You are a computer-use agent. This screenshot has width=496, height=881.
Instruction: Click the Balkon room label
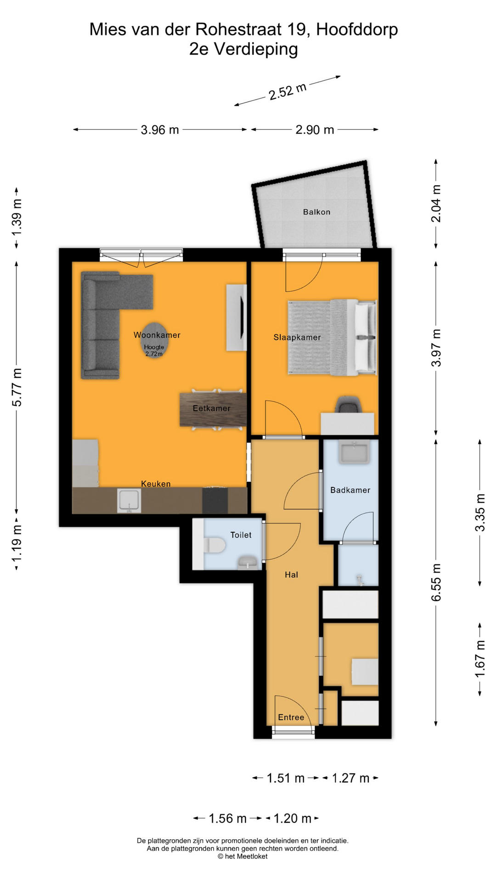pyautogui.click(x=316, y=212)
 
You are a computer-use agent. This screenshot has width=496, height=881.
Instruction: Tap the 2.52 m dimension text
pyautogui.click(x=287, y=91)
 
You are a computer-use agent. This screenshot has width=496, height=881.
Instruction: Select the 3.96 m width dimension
pyautogui.click(x=160, y=130)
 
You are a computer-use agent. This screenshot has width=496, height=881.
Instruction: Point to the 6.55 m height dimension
pyautogui.click(x=436, y=582)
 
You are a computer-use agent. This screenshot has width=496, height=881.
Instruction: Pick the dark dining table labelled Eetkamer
pyautogui.click(x=212, y=409)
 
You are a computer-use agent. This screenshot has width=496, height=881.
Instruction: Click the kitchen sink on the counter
pyautogui.click(x=129, y=501)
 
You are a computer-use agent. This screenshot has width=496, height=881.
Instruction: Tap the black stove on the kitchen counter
pyautogui.click(x=215, y=501)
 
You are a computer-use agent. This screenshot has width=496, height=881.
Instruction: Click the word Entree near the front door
pyautogui.click(x=291, y=718)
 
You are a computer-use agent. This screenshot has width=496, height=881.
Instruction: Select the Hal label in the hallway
pyautogui.click(x=291, y=574)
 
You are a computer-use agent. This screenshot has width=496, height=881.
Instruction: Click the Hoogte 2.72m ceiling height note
pyautogui.click(x=154, y=351)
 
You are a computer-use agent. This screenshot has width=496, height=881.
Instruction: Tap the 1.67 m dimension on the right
pyautogui.click(x=480, y=658)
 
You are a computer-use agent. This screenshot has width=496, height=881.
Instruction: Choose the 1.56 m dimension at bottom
pyautogui.click(x=227, y=819)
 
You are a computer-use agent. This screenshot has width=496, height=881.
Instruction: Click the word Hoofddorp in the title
pyautogui.click(x=357, y=29)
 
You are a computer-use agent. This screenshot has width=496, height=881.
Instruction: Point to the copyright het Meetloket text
pyautogui.click(x=242, y=856)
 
